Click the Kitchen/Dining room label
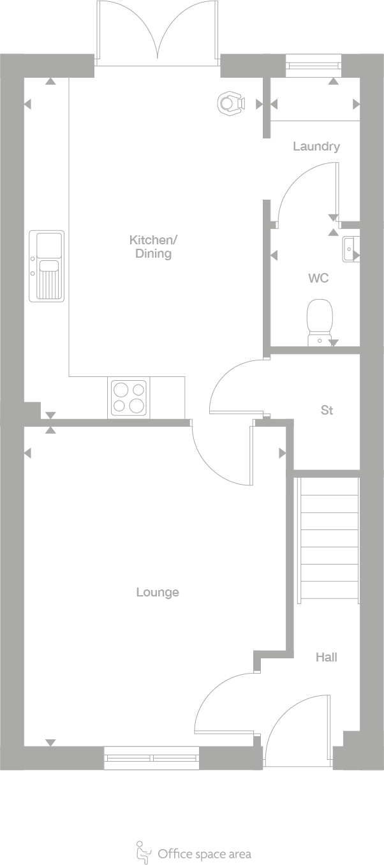click(x=153, y=247)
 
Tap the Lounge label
click(x=158, y=592)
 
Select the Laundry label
click(x=316, y=146)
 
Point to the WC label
click(x=318, y=278)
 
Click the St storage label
click(x=327, y=410)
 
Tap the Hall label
click(x=326, y=657)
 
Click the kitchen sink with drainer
click(x=47, y=265)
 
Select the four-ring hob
click(x=129, y=397)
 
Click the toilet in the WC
click(x=320, y=322)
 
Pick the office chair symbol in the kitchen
click(x=231, y=103)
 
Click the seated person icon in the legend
click(x=143, y=852)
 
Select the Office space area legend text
click(x=204, y=854)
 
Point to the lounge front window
click(x=152, y=758)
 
